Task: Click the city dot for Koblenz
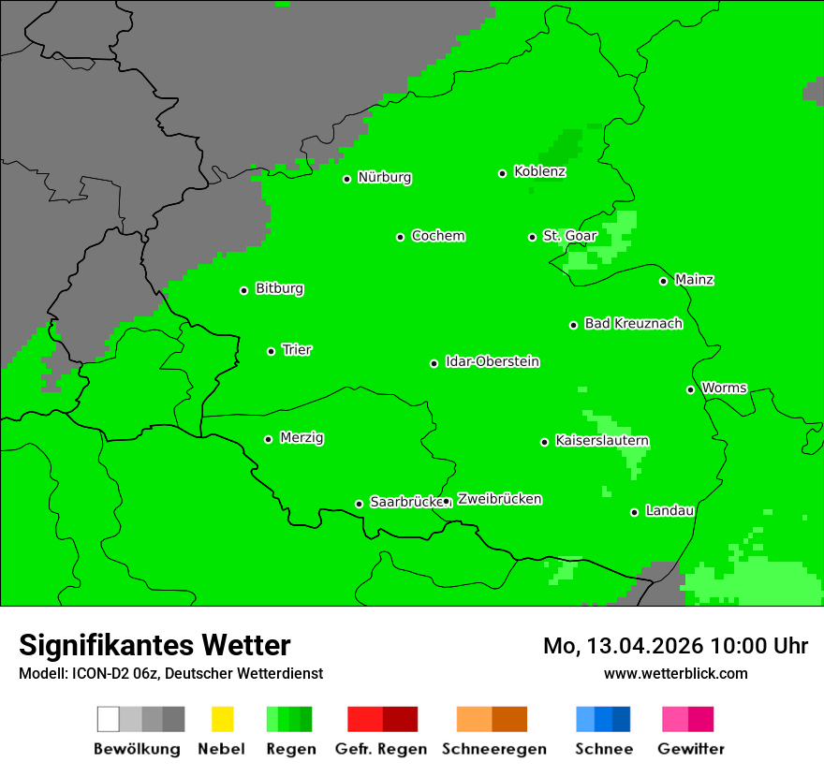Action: (x=503, y=173)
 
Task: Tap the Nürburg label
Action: (x=384, y=178)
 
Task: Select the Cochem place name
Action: (x=438, y=236)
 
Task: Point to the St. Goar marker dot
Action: (x=532, y=237)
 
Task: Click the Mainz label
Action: (x=694, y=280)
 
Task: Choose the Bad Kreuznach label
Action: (x=633, y=324)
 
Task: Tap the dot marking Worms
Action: (x=690, y=389)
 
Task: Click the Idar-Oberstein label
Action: (x=492, y=362)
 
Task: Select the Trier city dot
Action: (x=272, y=351)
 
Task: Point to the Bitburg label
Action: (x=279, y=289)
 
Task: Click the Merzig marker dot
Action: (x=269, y=439)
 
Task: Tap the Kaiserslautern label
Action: (x=602, y=441)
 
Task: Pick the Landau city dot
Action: (x=635, y=512)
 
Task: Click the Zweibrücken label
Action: (x=499, y=500)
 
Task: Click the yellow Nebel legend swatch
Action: (x=222, y=719)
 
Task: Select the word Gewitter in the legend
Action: (x=690, y=749)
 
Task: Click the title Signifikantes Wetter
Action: (x=154, y=645)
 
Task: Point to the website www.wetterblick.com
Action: (x=675, y=673)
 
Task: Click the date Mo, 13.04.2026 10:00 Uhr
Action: (x=675, y=646)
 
